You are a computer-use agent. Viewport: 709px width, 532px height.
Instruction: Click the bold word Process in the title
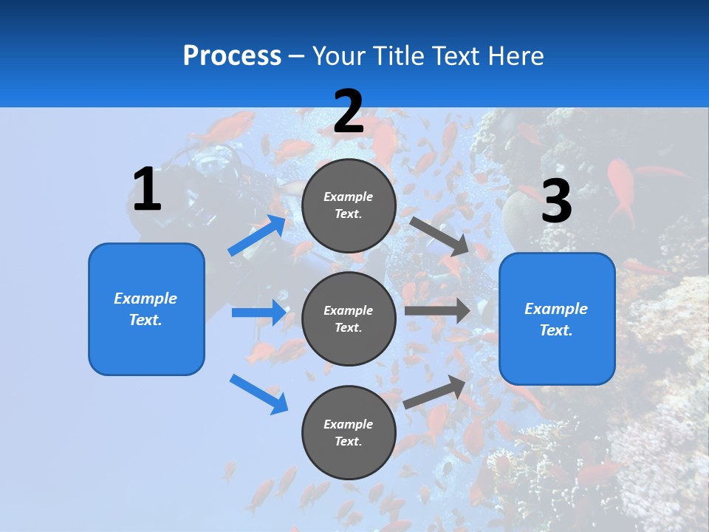click(x=232, y=56)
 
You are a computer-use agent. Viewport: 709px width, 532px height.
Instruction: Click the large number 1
click(x=147, y=189)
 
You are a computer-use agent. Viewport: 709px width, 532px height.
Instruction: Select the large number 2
click(x=349, y=112)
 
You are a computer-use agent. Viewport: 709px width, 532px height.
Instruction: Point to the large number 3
click(x=556, y=201)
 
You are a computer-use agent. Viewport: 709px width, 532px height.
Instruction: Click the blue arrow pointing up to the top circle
click(x=257, y=236)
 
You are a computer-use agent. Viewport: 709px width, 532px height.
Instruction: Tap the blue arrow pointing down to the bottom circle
click(x=258, y=394)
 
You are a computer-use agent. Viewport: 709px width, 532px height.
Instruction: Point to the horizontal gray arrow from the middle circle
click(x=436, y=311)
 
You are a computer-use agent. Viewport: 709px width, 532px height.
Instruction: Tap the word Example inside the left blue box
click(x=145, y=299)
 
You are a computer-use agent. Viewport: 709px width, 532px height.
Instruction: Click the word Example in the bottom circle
click(x=349, y=424)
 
